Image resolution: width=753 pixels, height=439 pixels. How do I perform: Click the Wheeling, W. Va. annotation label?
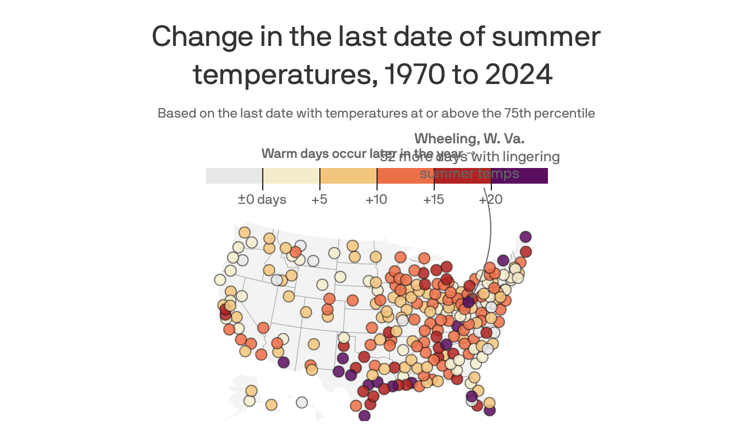click(x=469, y=139)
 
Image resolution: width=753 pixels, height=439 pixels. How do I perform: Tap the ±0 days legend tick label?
click(x=262, y=199)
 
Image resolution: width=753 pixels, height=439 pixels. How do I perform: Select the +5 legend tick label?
click(x=319, y=199)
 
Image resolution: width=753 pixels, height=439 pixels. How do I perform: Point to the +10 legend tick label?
click(x=376, y=199)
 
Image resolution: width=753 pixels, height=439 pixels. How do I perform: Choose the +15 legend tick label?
click(x=434, y=199)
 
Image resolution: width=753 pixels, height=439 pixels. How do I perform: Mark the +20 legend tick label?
click(x=491, y=199)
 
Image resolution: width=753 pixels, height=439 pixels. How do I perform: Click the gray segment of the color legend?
click(x=234, y=176)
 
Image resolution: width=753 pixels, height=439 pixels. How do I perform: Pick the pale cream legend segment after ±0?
click(x=291, y=176)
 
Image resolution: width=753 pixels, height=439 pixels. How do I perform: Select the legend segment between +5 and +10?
click(x=348, y=176)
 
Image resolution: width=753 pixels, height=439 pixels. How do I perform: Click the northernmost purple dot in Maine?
click(x=525, y=237)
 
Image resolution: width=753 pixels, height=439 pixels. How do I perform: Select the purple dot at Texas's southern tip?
click(x=365, y=415)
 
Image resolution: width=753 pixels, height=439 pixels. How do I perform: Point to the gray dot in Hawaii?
click(x=302, y=403)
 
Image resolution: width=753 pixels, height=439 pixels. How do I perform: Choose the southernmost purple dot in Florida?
click(x=490, y=410)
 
